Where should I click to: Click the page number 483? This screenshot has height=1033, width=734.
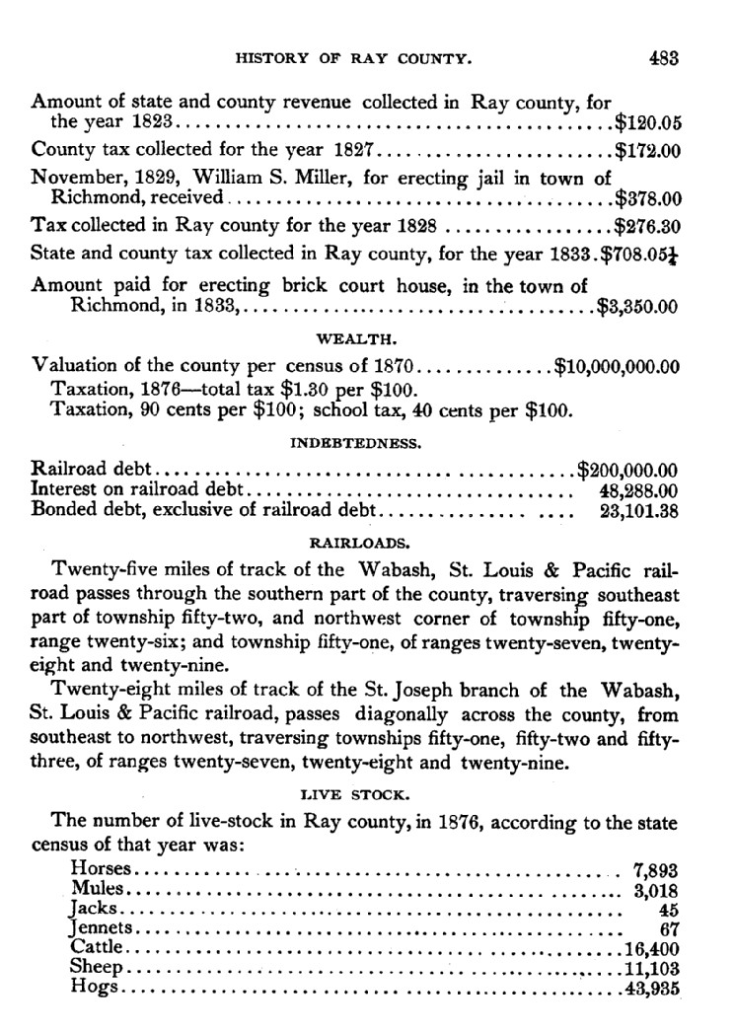(663, 58)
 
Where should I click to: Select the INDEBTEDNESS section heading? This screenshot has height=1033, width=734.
(355, 444)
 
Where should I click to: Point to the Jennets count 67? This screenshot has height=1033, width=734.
(669, 928)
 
